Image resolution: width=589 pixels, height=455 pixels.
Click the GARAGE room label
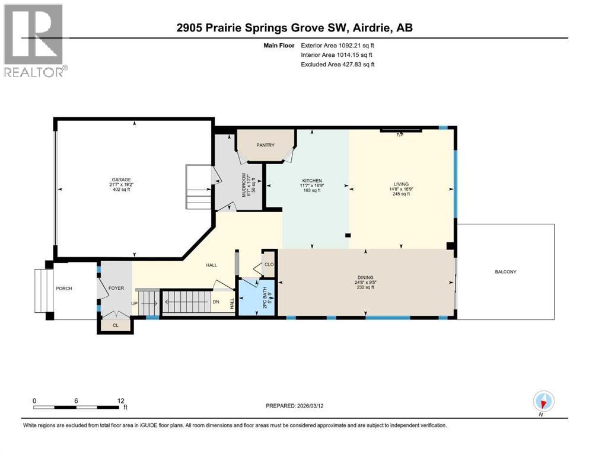122,180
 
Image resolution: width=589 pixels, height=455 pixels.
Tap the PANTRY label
266,145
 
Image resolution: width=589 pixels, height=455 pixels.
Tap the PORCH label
63,289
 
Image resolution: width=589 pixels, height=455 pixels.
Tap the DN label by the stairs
216,302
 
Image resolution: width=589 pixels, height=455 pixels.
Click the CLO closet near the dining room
269,265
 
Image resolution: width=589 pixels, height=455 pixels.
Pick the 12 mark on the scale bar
121,400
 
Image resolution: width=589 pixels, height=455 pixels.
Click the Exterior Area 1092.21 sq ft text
338,46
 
